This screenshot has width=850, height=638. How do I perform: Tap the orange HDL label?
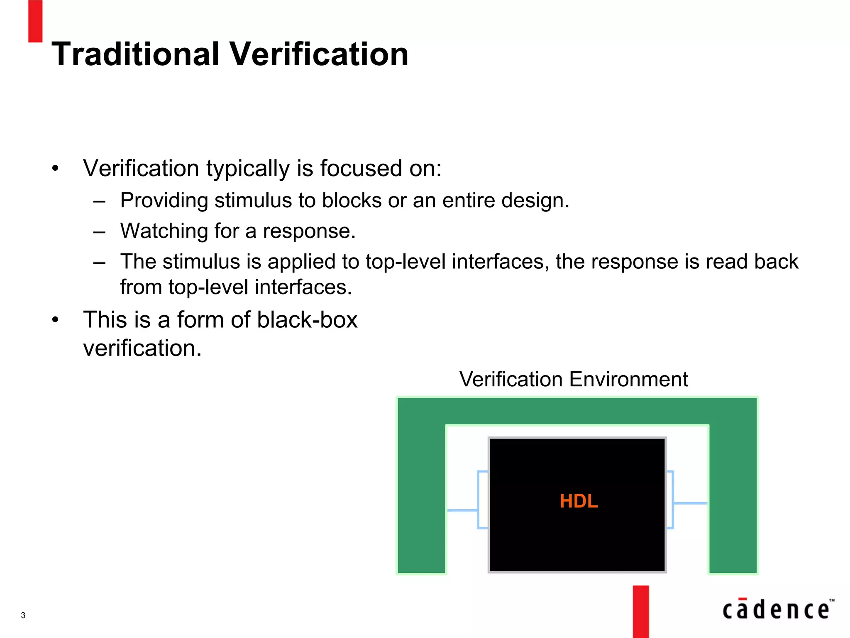579,501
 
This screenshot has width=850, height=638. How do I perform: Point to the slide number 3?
23,615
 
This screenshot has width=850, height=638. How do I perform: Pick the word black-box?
307,320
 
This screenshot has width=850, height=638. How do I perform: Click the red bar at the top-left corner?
35,21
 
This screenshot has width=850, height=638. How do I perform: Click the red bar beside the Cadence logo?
641,611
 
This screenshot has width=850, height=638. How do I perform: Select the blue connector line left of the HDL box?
462,510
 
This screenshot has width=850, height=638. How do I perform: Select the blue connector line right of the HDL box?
690,503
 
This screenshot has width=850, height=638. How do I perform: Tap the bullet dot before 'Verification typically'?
55,169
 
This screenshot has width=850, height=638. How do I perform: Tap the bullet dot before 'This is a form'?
55,320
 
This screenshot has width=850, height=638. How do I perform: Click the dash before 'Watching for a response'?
100,231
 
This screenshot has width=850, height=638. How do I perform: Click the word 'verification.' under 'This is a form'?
142,348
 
